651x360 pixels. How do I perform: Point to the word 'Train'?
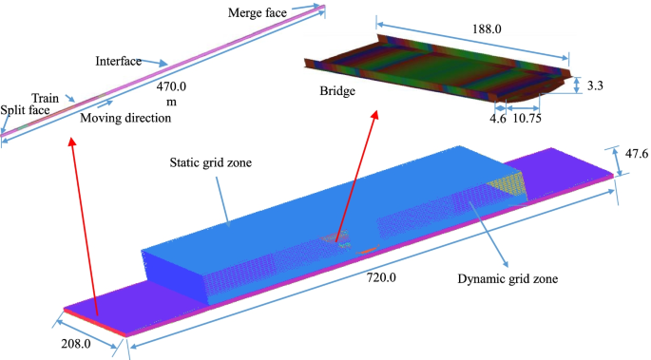pos(46,98)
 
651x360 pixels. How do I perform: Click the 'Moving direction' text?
pos(125,119)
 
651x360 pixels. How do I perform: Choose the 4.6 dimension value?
pos(497,120)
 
